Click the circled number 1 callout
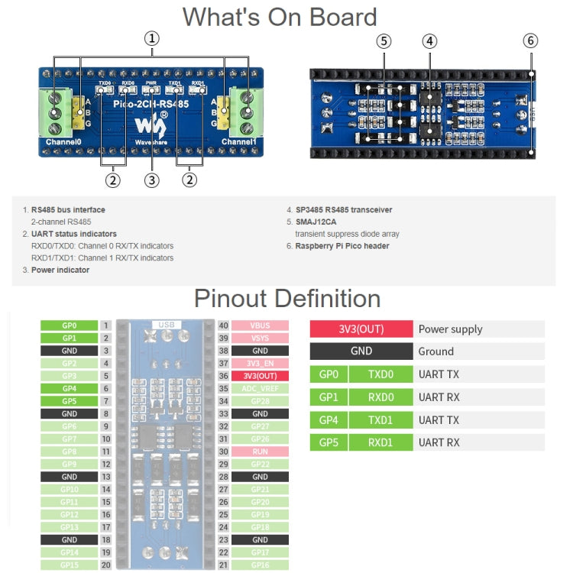pyautogui.click(x=153, y=37)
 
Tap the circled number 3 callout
pyautogui.click(x=152, y=180)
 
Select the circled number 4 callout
pyautogui.click(x=430, y=40)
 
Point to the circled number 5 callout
pyautogui.click(x=384, y=40)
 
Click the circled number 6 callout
pyautogui.click(x=531, y=40)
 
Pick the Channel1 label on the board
pyautogui.click(x=239, y=142)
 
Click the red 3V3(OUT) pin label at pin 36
pyautogui.click(x=260, y=376)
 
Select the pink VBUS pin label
pyautogui.click(x=260, y=325)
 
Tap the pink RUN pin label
pyautogui.click(x=260, y=452)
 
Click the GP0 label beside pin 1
pyautogui.click(x=69, y=325)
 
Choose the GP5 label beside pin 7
pyautogui.click(x=69, y=401)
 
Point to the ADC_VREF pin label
pyautogui.click(x=260, y=388)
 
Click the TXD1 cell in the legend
pyautogui.click(x=380, y=419)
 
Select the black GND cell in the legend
pyautogui.click(x=361, y=351)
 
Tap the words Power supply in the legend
pyautogui.click(x=450, y=329)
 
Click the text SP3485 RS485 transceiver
pyautogui.click(x=344, y=209)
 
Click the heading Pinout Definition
pyautogui.click(x=286, y=298)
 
